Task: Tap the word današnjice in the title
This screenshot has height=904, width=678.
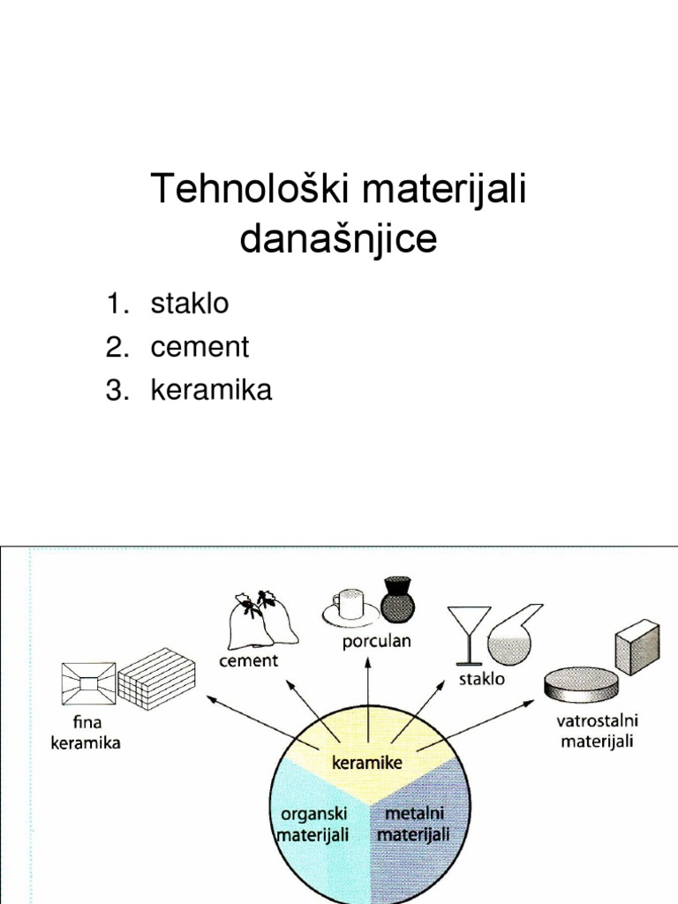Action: [339, 239]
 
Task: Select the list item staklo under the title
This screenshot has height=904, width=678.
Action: [190, 304]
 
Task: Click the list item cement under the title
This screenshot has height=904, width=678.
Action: [200, 347]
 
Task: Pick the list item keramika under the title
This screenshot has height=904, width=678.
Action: [212, 390]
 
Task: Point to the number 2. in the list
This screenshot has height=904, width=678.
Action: [118, 347]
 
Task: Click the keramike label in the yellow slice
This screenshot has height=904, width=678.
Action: [366, 762]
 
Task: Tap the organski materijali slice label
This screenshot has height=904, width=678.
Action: [313, 824]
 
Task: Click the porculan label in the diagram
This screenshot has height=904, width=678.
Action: [377, 642]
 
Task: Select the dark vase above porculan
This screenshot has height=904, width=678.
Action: [397, 599]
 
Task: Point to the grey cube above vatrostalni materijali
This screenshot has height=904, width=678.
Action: [637, 646]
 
